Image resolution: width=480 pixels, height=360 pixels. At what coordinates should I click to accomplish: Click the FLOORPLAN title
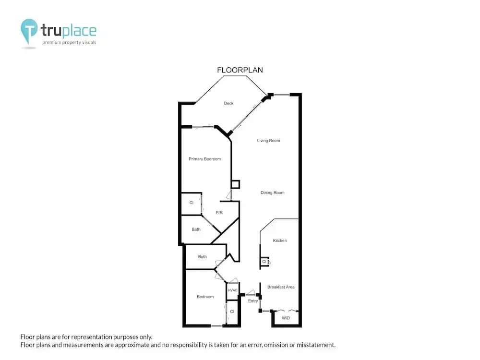point(240,70)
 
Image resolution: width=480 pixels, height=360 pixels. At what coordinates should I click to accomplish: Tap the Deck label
point(228,103)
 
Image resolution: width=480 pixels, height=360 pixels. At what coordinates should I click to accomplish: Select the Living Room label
point(268,141)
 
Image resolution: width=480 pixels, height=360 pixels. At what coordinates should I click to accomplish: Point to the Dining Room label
point(273,192)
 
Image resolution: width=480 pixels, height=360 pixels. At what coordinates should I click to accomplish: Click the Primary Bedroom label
point(204,159)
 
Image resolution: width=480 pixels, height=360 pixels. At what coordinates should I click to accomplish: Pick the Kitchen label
point(280,240)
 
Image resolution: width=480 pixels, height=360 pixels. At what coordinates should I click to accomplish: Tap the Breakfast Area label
point(281,287)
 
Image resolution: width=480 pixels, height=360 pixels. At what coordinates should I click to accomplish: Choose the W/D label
point(286,318)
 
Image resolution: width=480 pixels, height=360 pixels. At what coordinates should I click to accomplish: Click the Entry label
point(253,301)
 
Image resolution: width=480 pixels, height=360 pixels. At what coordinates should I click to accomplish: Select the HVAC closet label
point(233,290)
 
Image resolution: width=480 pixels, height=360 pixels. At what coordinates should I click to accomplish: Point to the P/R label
point(219,213)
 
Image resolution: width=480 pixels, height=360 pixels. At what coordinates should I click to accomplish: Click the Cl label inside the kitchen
point(264,262)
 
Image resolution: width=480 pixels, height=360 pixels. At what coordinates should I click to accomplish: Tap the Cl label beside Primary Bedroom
point(192,203)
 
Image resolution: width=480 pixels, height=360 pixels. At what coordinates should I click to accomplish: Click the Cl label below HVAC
point(232,312)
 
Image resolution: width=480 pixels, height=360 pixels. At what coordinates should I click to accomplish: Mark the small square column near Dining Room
point(235,184)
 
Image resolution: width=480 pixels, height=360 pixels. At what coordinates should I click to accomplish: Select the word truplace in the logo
point(69,31)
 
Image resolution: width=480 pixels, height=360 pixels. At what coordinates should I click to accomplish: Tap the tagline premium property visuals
point(69,43)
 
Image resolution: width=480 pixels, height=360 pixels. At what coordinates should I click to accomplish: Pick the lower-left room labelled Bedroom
point(205,297)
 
